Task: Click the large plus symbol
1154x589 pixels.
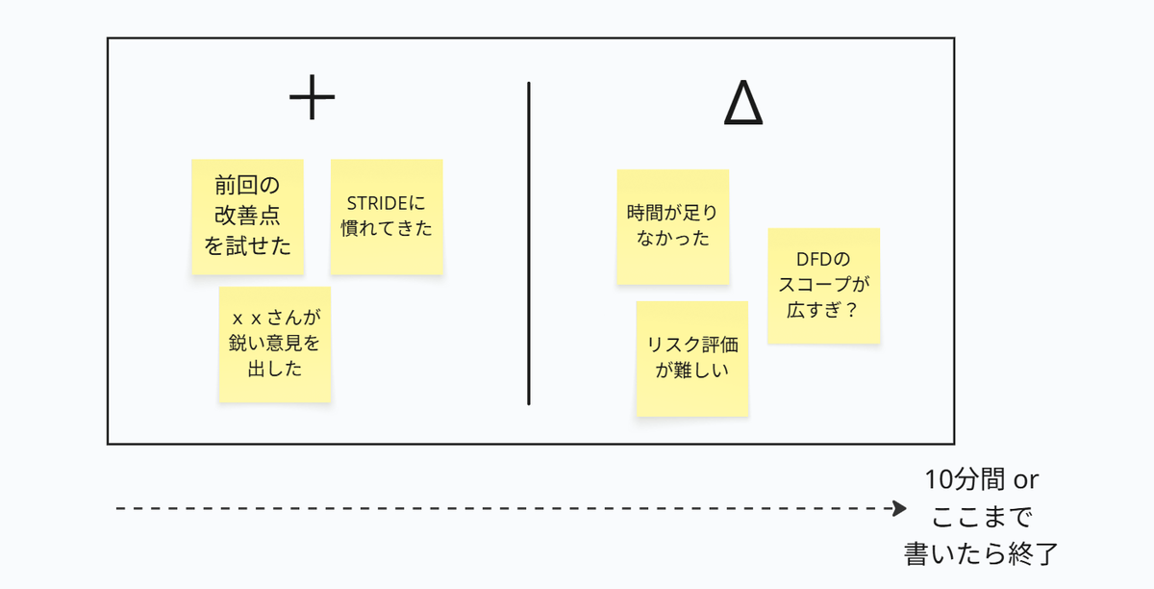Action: (312, 99)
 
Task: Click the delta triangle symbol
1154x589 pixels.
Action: (743, 104)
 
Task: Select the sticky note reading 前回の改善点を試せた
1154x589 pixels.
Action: (247, 217)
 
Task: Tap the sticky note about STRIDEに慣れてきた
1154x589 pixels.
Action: (387, 217)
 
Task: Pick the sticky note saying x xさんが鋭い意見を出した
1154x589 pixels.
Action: (275, 344)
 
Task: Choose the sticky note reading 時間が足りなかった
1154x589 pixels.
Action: (672, 226)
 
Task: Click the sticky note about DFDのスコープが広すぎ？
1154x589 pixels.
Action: (824, 286)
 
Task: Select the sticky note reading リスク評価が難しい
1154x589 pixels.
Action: (692, 358)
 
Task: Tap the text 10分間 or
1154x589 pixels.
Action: (981, 479)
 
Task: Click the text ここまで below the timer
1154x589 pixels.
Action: (981, 517)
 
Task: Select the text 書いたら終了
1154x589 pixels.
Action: (981, 554)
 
